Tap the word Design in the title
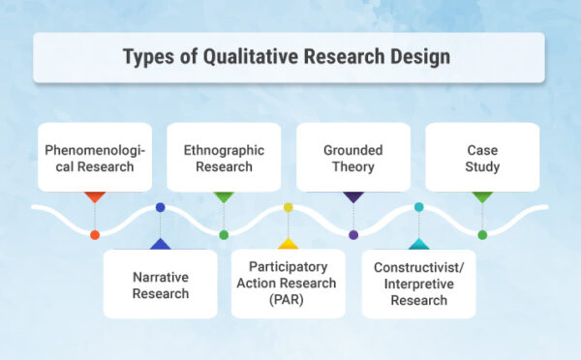(419, 56)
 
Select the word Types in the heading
(154, 56)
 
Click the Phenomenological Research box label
(94, 158)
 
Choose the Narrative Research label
(161, 285)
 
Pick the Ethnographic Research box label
(223, 158)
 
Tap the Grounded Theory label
(352, 158)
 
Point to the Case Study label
(481, 158)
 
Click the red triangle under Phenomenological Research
(94, 196)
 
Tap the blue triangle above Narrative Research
(160, 243)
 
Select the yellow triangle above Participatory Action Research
(289, 243)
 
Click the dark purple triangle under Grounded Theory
(352, 196)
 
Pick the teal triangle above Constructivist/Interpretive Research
(418, 243)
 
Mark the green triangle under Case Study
(482, 196)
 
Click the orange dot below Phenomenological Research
(94, 235)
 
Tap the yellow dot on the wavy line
(289, 207)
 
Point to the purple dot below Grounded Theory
(353, 235)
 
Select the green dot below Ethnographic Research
(224, 235)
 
